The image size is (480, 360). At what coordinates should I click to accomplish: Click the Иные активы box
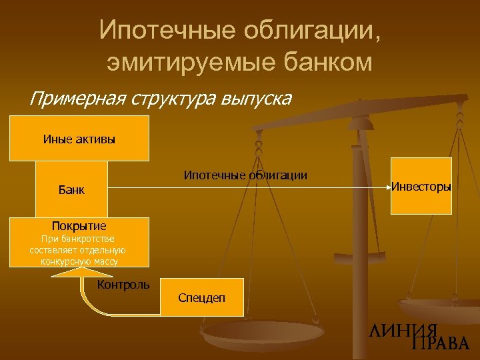pyautogui.click(x=79, y=139)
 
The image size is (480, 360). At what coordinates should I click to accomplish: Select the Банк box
pyautogui.click(x=72, y=189)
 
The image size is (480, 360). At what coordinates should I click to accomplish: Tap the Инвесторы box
pyautogui.click(x=421, y=186)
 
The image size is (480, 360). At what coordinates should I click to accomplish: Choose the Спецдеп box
pyautogui.click(x=201, y=297)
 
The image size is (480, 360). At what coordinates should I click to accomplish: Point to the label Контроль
pyautogui.click(x=123, y=285)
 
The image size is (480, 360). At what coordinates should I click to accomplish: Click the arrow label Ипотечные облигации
pyautogui.click(x=245, y=175)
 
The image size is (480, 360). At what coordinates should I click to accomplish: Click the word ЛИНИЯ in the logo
pyautogui.click(x=403, y=330)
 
